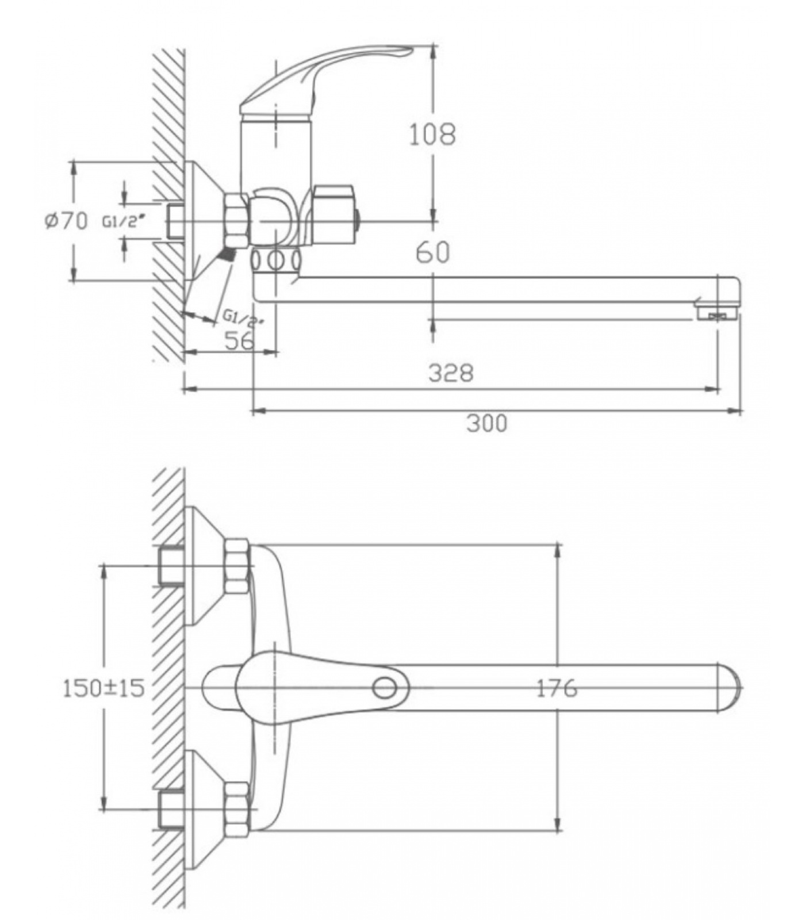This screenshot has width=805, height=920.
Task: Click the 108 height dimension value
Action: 432,134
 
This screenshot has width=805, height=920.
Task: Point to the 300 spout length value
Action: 486,424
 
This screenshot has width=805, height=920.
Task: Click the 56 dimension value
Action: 239,340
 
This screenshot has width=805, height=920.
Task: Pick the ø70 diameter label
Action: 66,220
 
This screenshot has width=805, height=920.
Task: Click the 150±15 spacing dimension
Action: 104,688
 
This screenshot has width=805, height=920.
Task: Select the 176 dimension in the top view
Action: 556,688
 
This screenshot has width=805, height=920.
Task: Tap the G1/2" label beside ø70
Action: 121,221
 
